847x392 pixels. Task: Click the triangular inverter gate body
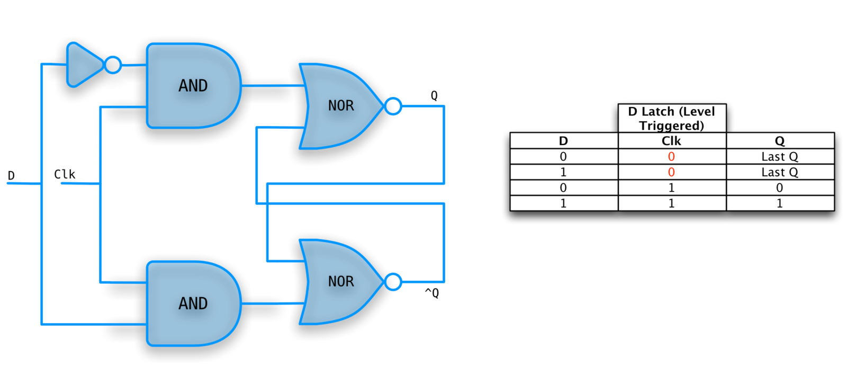(82, 65)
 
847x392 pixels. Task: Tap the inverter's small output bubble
(112, 65)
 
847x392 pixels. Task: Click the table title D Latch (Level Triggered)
(671, 119)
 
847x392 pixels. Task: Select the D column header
(563, 141)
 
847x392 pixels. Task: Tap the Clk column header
(671, 141)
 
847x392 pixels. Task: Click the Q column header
(779, 141)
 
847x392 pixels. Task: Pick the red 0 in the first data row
(671, 157)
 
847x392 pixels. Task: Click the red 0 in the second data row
(671, 172)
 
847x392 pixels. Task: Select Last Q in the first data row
(779, 157)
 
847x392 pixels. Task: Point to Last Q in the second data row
(779, 172)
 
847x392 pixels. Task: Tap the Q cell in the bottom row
(779, 203)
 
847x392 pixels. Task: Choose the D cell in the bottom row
(563, 203)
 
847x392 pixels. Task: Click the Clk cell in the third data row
(671, 188)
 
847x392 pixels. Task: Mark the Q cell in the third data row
(779, 188)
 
